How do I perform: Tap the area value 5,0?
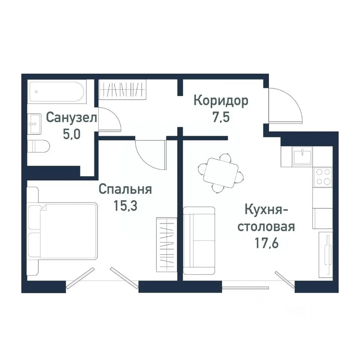(x=71, y=134)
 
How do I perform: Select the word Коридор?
(x=220, y=101)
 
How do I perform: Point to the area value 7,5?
(x=220, y=118)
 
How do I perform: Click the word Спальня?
(x=125, y=189)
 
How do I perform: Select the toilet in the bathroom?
(x=39, y=145)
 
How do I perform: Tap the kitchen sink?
(x=303, y=156)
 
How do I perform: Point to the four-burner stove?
(x=322, y=177)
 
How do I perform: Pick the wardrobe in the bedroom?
(x=165, y=244)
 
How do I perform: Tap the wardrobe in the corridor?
(x=121, y=90)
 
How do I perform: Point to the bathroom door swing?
(x=108, y=119)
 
